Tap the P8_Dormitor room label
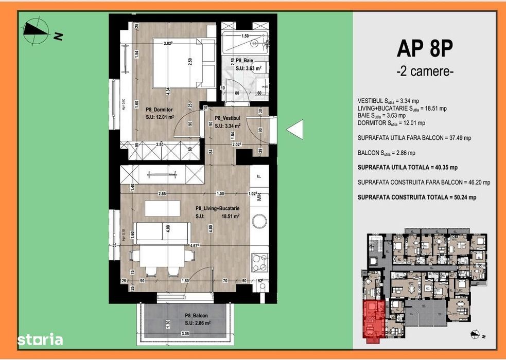[x=159, y=110]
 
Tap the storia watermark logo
[x=40, y=339]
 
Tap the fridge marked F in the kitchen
[x=259, y=176]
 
